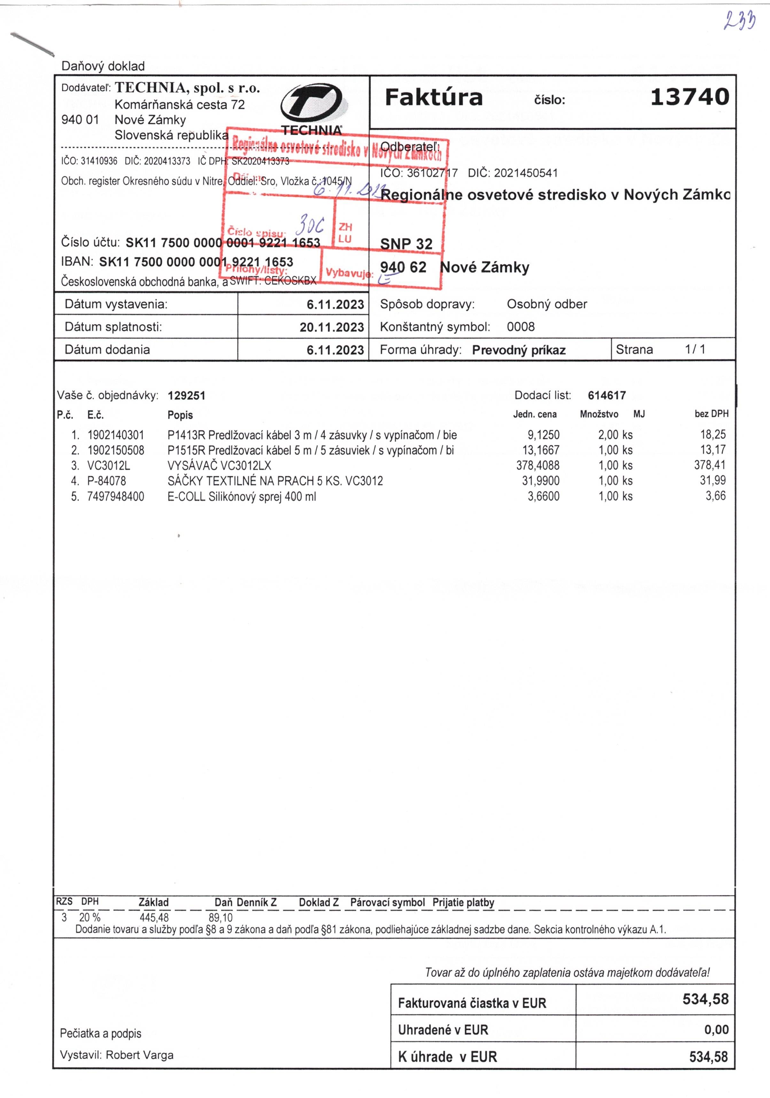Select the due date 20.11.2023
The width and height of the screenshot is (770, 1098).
click(x=332, y=327)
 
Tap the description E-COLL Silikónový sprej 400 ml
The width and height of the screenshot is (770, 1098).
click(x=241, y=496)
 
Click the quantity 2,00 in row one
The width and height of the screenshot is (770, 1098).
click(x=608, y=435)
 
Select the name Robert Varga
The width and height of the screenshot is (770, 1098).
click(x=139, y=1055)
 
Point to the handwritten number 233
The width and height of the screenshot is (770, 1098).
click(x=739, y=20)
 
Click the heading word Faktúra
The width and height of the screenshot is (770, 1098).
click(x=433, y=97)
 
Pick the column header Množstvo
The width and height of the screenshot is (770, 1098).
click(x=598, y=414)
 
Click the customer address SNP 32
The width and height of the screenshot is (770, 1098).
click(x=406, y=244)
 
